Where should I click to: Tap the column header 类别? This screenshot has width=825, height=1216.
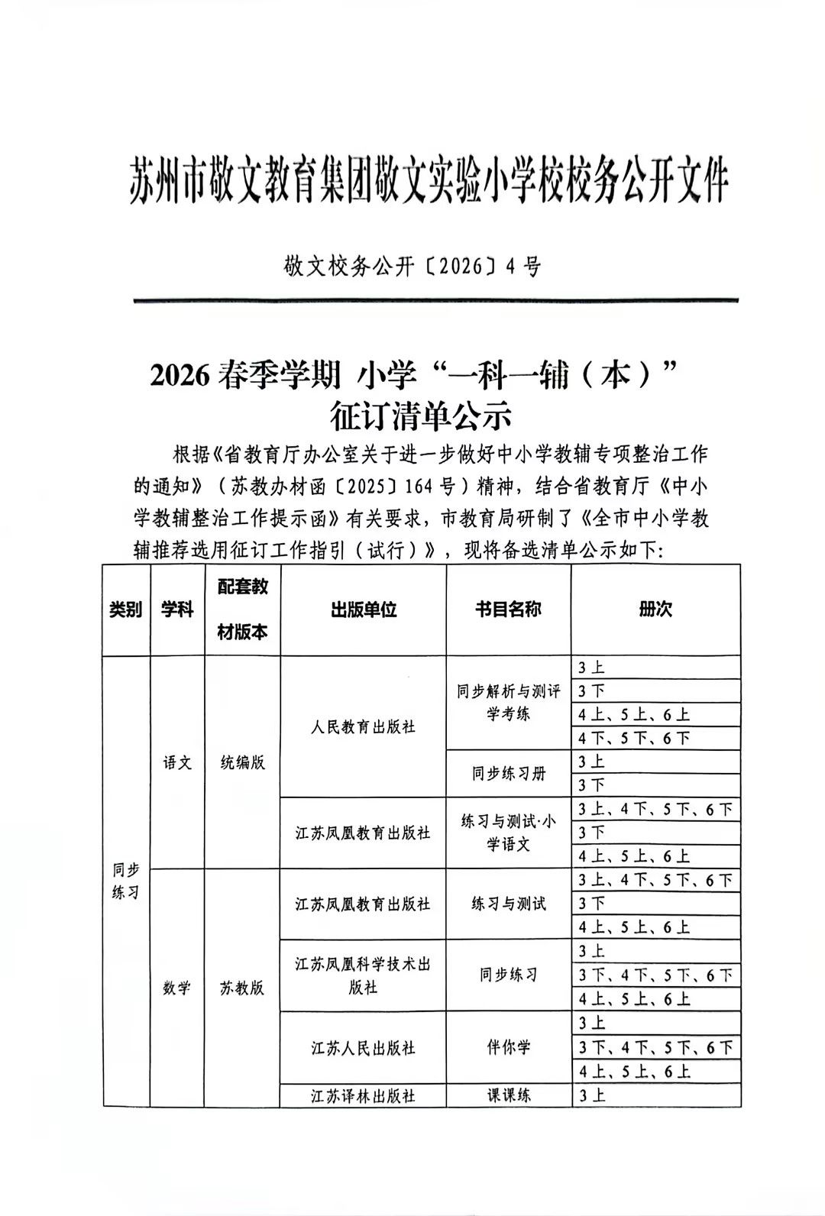tap(126, 610)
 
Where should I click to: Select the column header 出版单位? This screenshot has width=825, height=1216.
tap(363, 610)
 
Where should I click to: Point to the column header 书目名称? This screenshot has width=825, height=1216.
tap(508, 610)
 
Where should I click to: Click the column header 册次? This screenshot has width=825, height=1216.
tap(655, 610)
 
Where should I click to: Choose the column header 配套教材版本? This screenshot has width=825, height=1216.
tap(243, 610)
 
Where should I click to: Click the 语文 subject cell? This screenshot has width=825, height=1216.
tap(177, 762)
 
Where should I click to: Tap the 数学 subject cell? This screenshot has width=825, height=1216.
tap(177, 987)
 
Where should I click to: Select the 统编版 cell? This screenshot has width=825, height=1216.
tap(243, 762)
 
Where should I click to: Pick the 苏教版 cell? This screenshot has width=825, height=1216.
tap(243, 987)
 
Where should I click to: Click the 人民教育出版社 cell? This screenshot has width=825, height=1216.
tap(363, 726)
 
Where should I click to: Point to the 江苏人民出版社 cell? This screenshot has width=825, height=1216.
tap(363, 1047)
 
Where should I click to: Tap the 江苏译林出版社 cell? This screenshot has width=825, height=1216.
tap(363, 1095)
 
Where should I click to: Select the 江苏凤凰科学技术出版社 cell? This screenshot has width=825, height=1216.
tap(363, 975)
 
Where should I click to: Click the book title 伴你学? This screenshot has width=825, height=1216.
tap(508, 1047)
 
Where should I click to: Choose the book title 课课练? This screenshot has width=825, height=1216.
tap(508, 1095)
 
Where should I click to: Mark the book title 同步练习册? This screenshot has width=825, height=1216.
tap(508, 774)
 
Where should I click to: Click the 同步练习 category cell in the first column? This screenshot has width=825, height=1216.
tap(126, 881)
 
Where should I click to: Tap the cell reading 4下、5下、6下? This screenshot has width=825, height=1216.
tap(635, 738)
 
